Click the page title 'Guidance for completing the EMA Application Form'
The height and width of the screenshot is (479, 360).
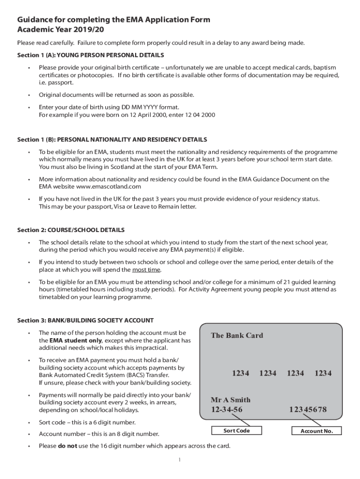114,20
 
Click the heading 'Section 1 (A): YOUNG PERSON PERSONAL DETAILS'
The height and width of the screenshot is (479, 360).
90,55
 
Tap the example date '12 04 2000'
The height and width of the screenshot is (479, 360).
200,115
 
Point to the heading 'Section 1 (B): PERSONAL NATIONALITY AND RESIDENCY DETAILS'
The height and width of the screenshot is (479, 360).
112,140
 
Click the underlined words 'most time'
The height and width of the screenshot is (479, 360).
146,270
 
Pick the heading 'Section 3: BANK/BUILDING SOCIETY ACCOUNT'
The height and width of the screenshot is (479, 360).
85,320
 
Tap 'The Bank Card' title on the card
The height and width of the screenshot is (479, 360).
237,335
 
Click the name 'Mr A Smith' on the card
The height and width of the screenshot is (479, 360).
230,400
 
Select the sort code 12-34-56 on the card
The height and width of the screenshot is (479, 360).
227,410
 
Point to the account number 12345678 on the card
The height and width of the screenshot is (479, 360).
308,410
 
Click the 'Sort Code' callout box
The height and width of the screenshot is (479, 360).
237,431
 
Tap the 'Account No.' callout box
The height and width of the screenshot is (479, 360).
317,431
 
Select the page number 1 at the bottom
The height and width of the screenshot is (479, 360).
180,460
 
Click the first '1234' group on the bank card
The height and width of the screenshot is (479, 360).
240,373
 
